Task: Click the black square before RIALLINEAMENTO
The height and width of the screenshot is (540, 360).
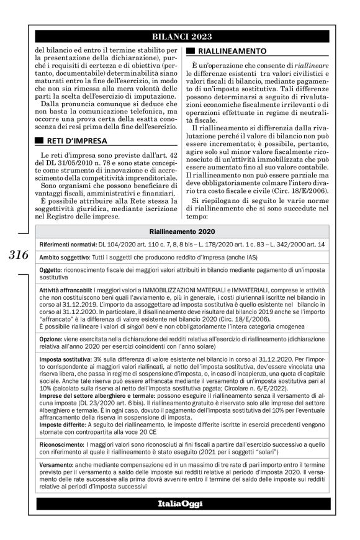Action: click(191, 50)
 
